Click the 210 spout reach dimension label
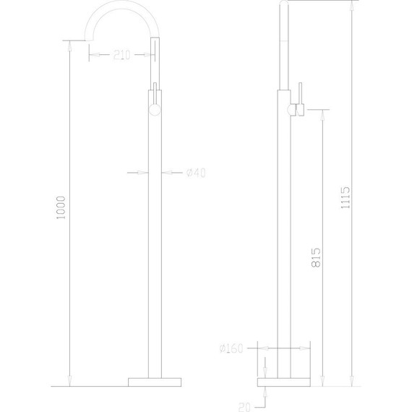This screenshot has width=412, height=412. click(122, 55)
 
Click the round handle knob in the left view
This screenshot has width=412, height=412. click(154, 110)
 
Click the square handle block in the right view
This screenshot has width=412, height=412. click(299, 109)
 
